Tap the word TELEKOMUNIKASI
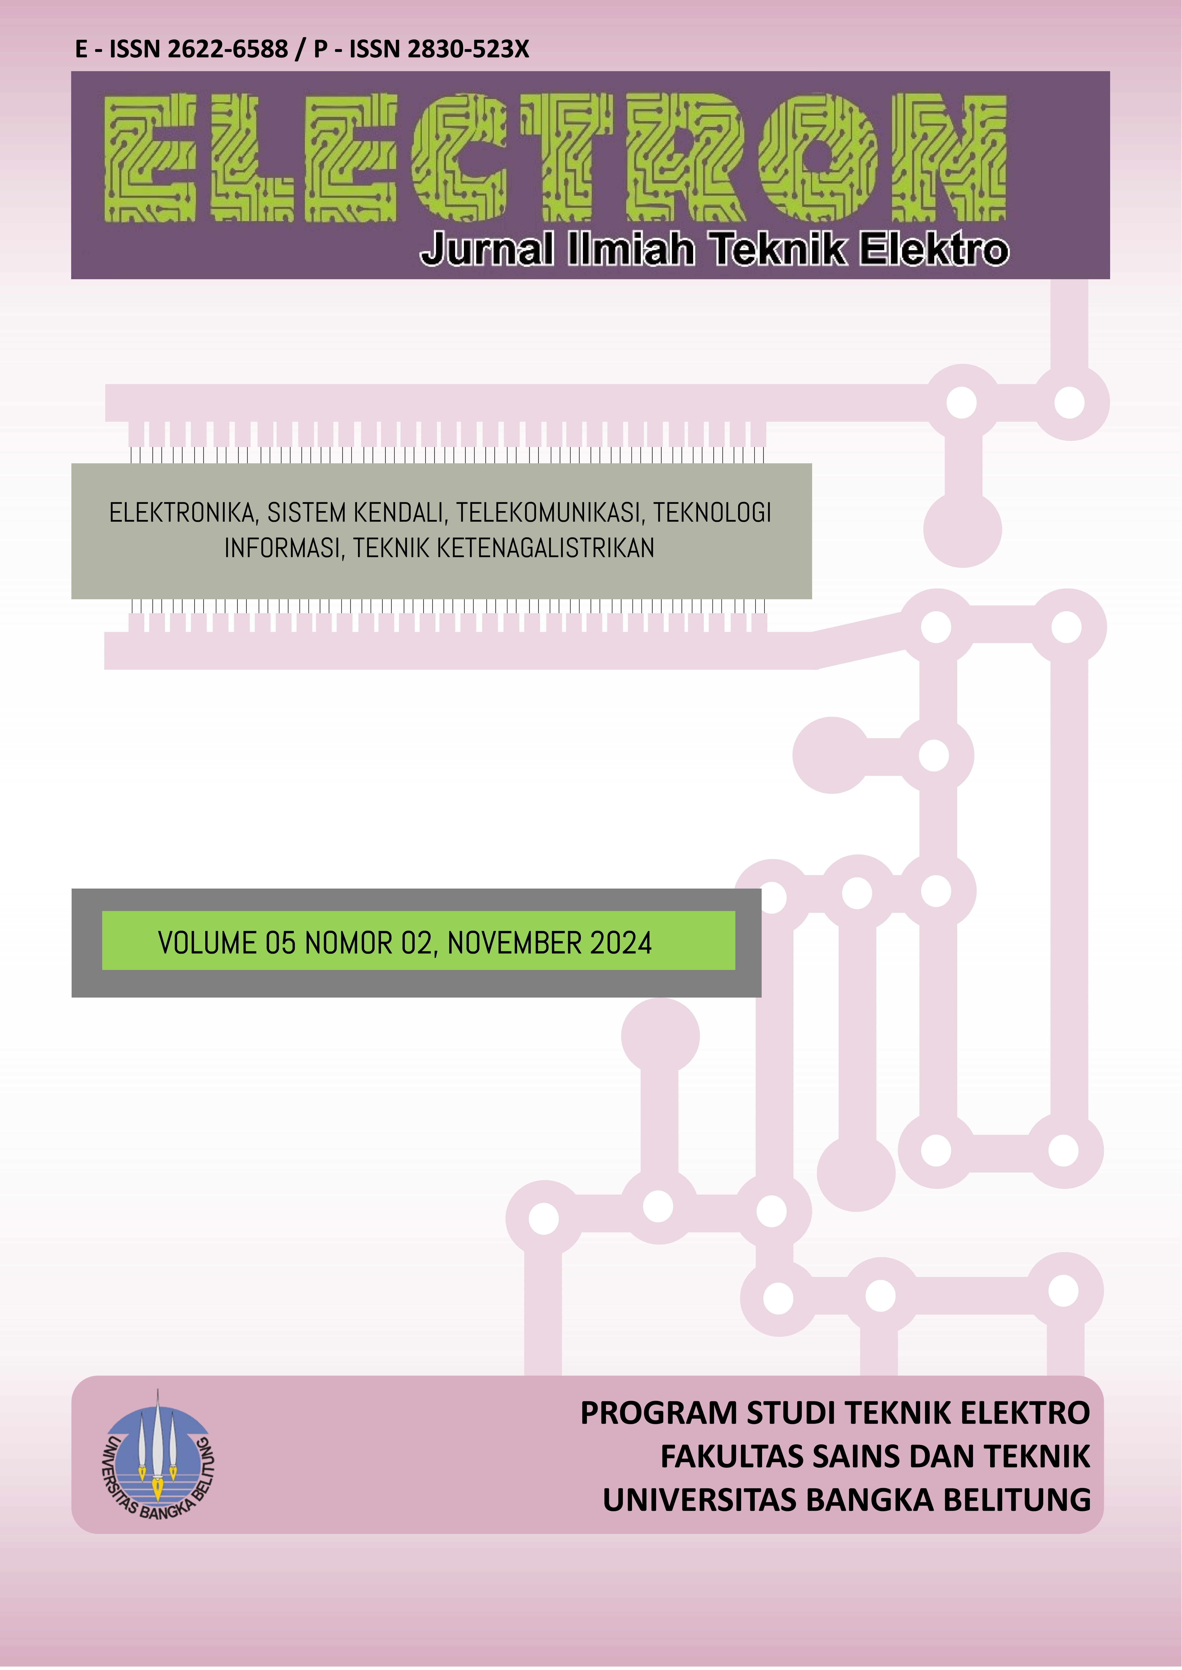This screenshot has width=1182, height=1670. point(550,513)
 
